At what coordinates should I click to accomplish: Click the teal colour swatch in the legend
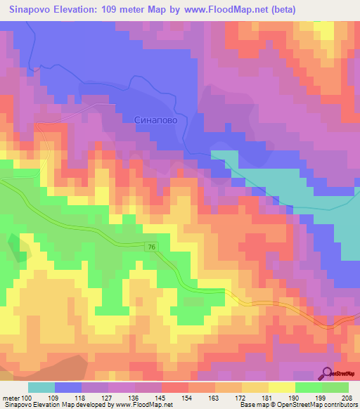coord(41,387)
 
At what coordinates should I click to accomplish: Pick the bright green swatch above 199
coord(309,387)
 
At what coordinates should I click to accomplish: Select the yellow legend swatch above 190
coord(282,387)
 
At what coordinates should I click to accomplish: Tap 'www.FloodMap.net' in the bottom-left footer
coord(144,405)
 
